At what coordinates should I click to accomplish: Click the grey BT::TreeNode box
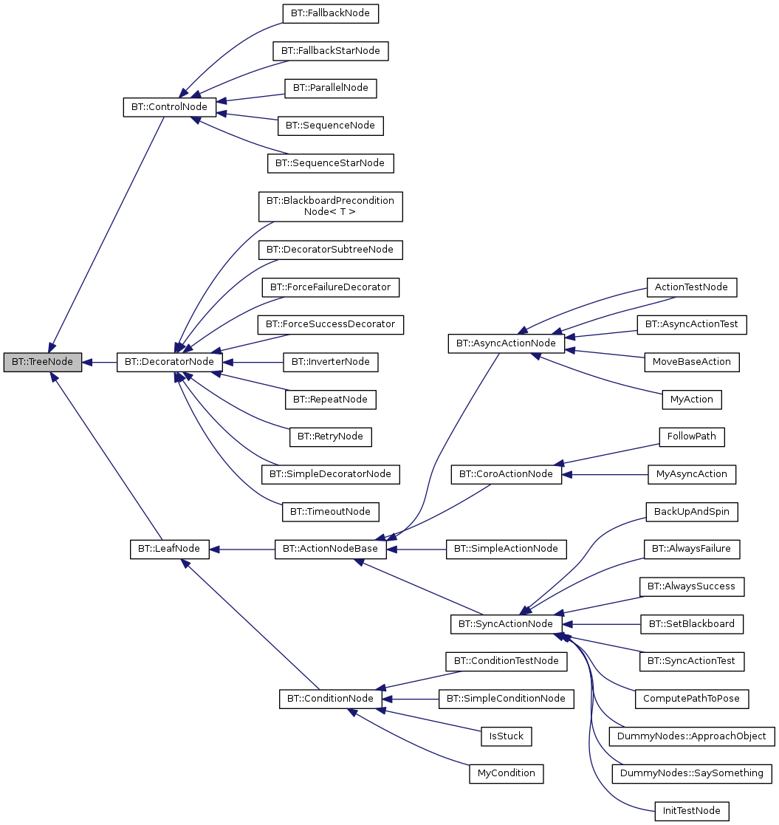[x=42, y=363]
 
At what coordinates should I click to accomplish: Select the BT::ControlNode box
[x=169, y=107]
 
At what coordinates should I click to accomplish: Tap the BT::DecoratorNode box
[x=170, y=363]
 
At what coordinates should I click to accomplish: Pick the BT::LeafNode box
[x=169, y=549]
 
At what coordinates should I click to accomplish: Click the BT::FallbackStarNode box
[x=330, y=51]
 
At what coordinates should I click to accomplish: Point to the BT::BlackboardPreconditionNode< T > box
[x=330, y=207]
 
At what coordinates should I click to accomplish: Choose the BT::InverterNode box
[x=330, y=363]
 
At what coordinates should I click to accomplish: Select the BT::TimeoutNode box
[x=330, y=511]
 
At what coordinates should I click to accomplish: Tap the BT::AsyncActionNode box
[x=506, y=343]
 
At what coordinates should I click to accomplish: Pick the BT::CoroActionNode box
[x=506, y=474]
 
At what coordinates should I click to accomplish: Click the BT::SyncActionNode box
[x=506, y=624]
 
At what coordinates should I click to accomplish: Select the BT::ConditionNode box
[x=330, y=699]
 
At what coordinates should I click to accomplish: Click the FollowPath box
[x=692, y=437]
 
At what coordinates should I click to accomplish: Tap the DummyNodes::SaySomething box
[x=692, y=773]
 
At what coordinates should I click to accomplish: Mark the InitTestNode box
[x=692, y=811]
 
